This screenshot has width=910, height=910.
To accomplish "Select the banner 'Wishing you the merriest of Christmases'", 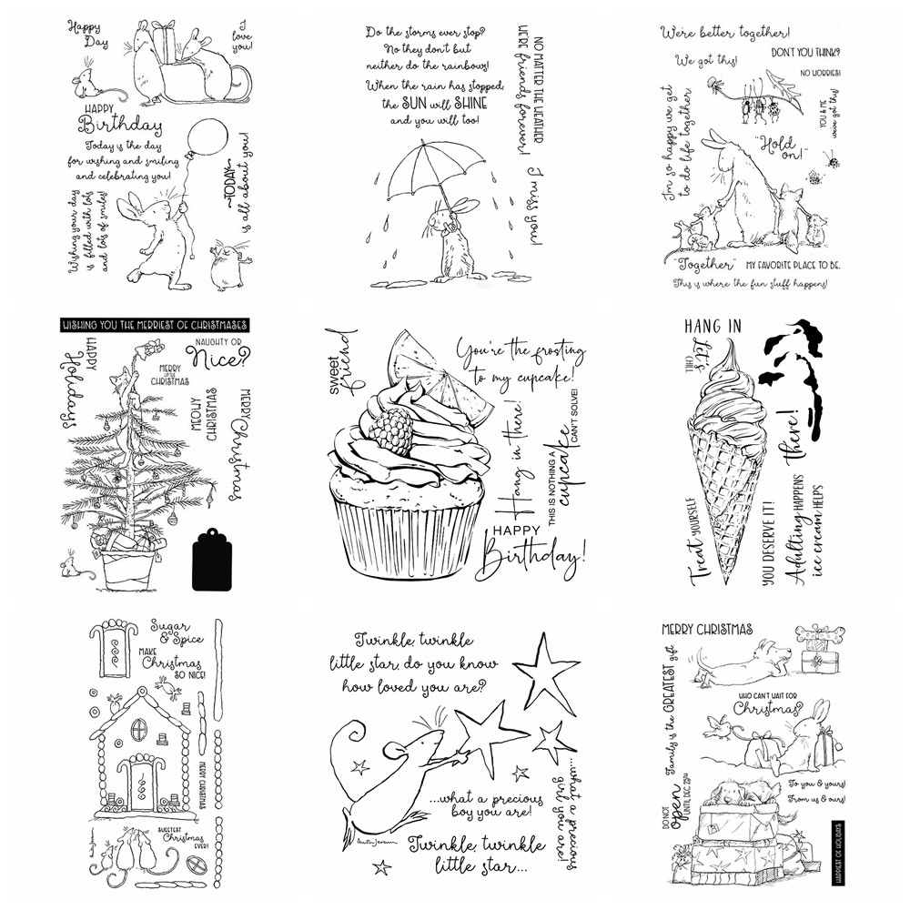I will coord(153,326).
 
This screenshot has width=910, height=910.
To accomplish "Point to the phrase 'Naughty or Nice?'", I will coord(217,354).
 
